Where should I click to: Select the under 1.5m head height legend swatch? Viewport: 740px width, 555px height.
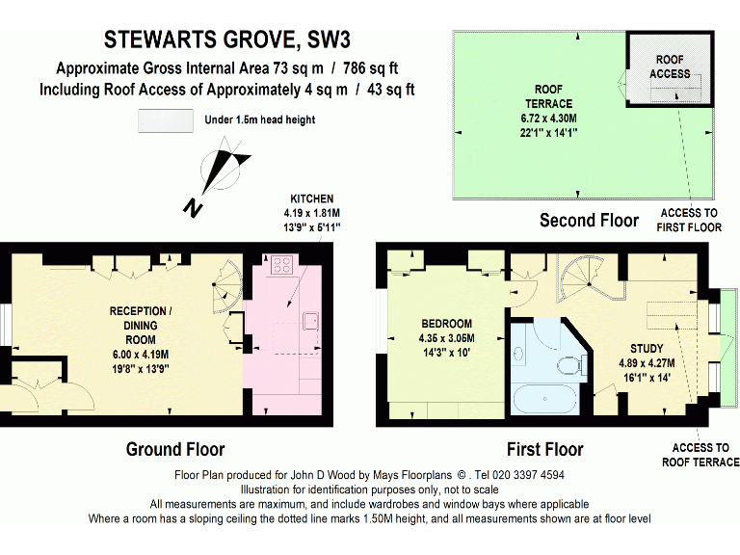pos(165,120)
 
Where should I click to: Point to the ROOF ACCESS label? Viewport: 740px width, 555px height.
pos(670,66)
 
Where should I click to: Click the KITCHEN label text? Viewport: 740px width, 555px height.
pos(312,212)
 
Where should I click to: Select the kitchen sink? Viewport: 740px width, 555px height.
pos(309,319)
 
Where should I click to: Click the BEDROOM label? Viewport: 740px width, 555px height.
pos(446,330)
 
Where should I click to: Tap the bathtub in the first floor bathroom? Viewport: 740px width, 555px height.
pos(545,397)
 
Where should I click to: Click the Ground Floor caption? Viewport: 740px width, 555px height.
pos(175,449)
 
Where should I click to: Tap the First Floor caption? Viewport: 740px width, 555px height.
pos(544,449)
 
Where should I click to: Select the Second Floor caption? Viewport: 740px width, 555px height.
pos(589,221)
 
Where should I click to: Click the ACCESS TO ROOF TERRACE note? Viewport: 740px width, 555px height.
pos(700,455)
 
